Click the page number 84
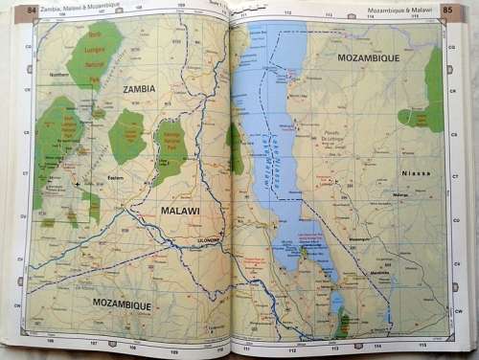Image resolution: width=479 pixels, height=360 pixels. (32, 11)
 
